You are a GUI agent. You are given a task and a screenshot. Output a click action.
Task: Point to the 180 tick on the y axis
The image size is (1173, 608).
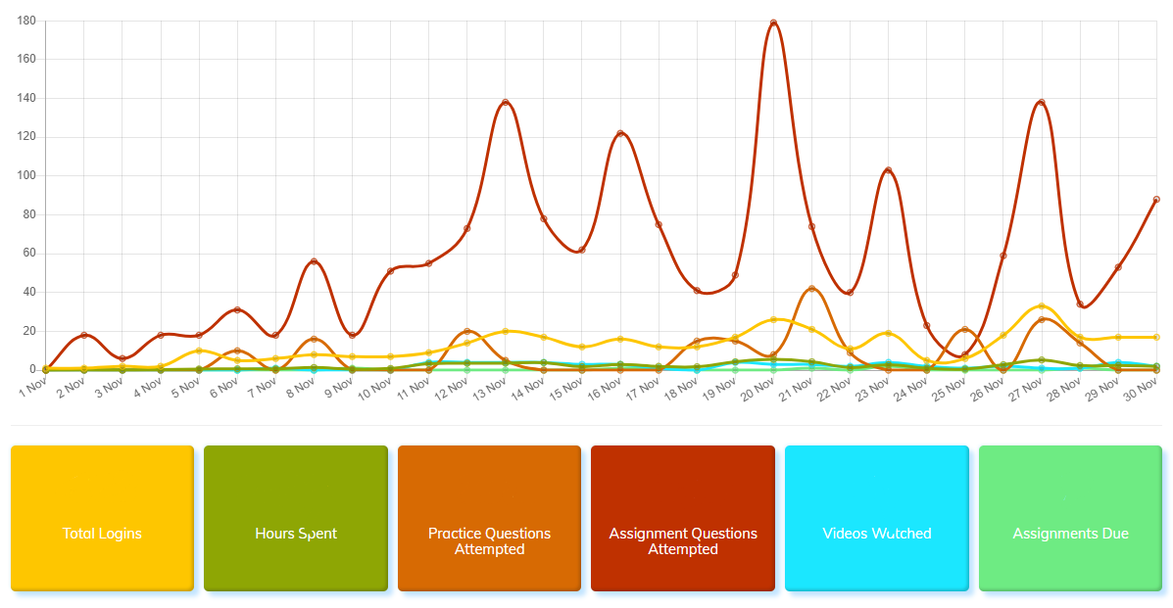26,21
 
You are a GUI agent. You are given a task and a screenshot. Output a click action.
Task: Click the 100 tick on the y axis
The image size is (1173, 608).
26,176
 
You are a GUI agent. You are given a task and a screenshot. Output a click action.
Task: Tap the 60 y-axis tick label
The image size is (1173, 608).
29,254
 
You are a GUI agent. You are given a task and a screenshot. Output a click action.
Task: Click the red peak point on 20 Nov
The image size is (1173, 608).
774,23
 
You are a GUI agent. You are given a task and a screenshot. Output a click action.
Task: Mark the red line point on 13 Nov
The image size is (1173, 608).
506,102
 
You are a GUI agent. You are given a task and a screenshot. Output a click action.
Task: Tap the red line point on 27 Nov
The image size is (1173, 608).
1042,102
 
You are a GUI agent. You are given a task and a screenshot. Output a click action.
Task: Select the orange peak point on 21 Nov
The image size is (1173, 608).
812,289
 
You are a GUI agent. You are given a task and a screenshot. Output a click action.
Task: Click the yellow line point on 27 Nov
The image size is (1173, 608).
1042,306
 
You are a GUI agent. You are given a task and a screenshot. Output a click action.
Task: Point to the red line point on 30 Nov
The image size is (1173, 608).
1156,200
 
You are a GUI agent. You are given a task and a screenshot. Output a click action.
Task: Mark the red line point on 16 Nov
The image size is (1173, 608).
620,133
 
